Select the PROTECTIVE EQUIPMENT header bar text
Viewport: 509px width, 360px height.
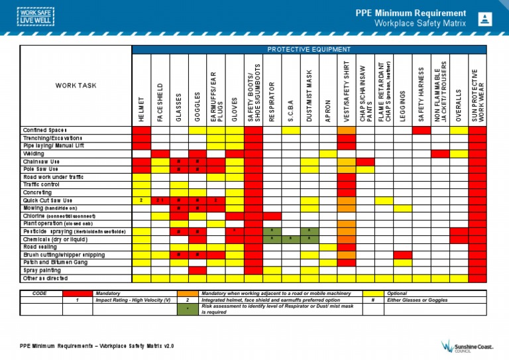pos(309,49)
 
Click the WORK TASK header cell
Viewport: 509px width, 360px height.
pos(77,86)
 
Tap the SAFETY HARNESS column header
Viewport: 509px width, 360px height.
pos(421,93)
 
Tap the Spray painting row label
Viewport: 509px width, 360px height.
pos(42,270)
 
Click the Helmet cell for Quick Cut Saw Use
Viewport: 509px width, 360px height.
pos(141,200)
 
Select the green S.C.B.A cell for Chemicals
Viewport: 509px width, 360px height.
pos(290,239)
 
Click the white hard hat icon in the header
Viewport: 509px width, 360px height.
pos(485,19)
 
